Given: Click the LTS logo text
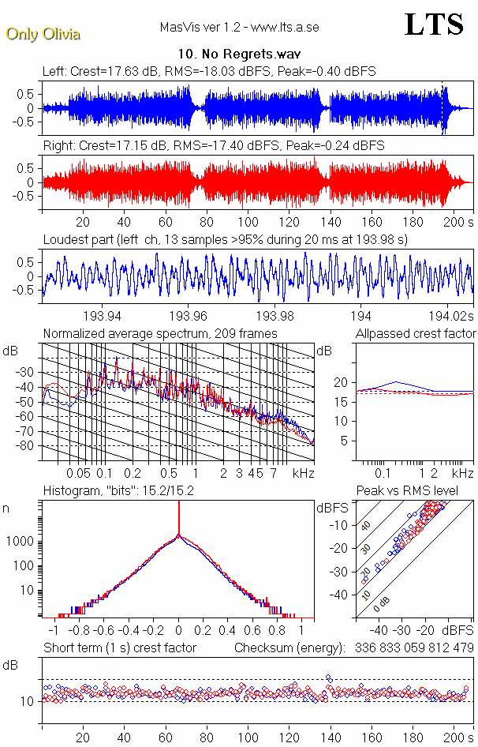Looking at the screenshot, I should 434,24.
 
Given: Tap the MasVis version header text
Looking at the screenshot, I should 239,27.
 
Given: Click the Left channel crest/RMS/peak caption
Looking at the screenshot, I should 209,71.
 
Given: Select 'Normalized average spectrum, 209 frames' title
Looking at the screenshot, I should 160,333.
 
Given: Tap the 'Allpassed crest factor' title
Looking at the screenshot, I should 415,333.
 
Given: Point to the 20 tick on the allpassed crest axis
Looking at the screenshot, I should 341,382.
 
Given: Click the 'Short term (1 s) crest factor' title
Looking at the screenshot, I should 119,648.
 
